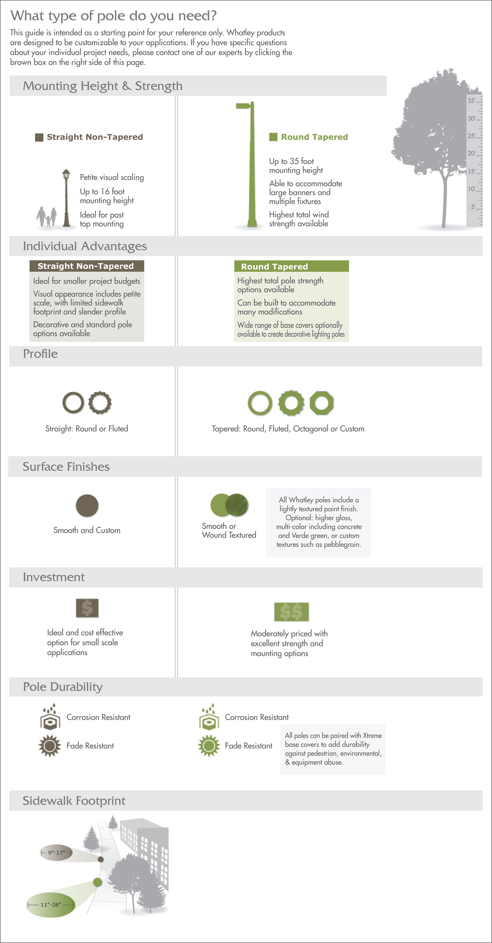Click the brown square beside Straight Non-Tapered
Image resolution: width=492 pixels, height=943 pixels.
[x=39, y=137]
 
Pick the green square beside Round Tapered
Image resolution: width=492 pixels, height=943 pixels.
[x=273, y=137]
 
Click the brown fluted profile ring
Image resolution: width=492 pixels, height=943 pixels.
[x=100, y=403]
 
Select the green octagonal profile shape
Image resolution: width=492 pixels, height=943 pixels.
[x=322, y=403]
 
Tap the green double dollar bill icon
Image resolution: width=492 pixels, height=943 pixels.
[x=291, y=612]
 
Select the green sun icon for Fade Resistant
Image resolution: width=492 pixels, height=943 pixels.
[x=209, y=746]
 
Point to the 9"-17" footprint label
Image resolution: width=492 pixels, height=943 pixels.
[x=56, y=853]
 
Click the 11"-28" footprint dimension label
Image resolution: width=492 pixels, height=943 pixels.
[x=51, y=905]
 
